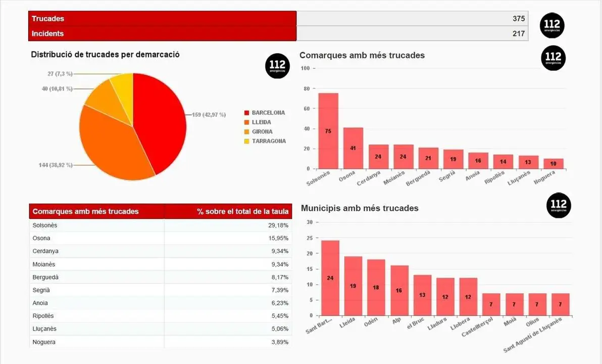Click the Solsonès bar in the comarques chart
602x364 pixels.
(x=328, y=131)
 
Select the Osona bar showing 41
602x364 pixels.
(x=353, y=148)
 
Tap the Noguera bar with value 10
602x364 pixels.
(x=554, y=164)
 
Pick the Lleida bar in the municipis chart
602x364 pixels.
(x=353, y=286)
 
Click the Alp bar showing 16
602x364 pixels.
(x=399, y=290)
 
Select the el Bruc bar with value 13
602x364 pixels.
(x=422, y=295)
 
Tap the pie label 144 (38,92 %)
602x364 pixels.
(x=56, y=165)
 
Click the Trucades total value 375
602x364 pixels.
(x=519, y=19)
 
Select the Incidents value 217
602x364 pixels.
(x=519, y=33)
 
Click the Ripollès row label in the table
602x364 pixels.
(x=43, y=316)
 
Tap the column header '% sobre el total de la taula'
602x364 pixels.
(x=243, y=211)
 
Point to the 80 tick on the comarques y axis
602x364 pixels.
(x=306, y=88)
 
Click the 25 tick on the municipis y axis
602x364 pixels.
(x=310, y=238)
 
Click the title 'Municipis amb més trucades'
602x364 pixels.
(x=360, y=208)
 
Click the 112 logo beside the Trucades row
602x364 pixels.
(x=552, y=26)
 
